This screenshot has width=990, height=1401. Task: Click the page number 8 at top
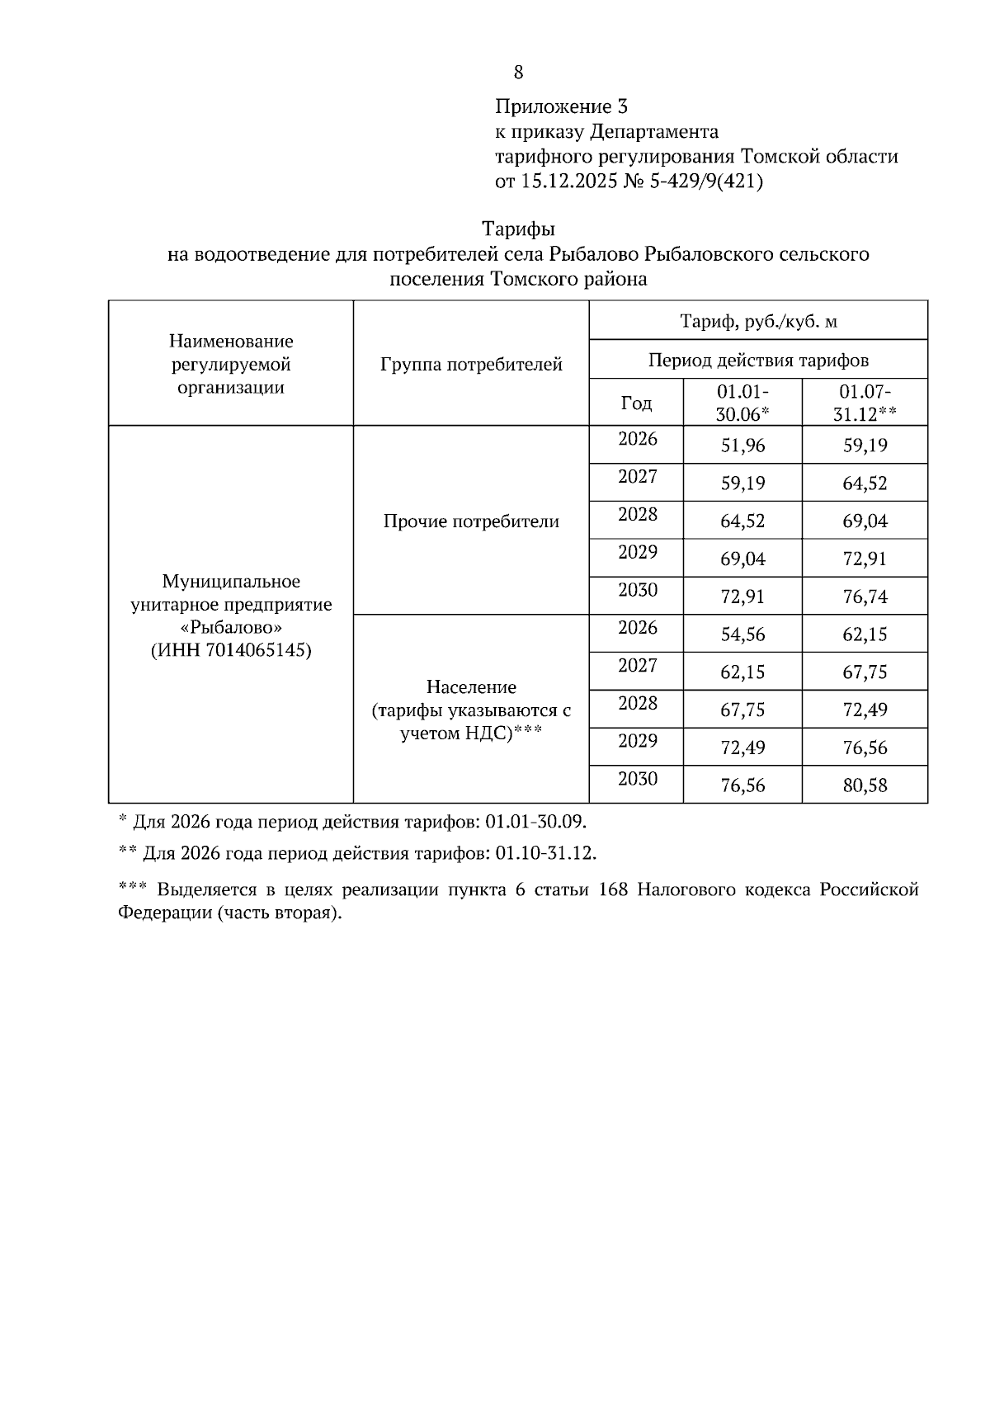click(518, 73)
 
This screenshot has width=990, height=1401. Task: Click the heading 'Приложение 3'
click(561, 106)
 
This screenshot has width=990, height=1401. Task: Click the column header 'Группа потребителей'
click(471, 364)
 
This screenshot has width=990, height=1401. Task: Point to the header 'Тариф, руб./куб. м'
click(758, 321)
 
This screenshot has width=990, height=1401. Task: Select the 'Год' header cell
click(636, 403)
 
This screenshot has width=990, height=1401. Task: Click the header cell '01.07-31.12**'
click(864, 403)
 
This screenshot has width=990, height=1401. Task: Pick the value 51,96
click(742, 446)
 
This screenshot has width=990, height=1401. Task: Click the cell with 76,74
click(865, 597)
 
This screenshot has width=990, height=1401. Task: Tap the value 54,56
click(742, 634)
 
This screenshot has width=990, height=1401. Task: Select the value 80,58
click(865, 785)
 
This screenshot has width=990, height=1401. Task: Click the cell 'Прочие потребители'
click(471, 521)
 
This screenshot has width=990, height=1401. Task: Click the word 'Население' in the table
click(471, 686)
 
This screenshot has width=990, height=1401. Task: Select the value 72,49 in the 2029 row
click(742, 748)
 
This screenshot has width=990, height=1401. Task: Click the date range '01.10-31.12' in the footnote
click(544, 852)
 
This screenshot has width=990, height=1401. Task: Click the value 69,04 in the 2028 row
click(865, 521)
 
